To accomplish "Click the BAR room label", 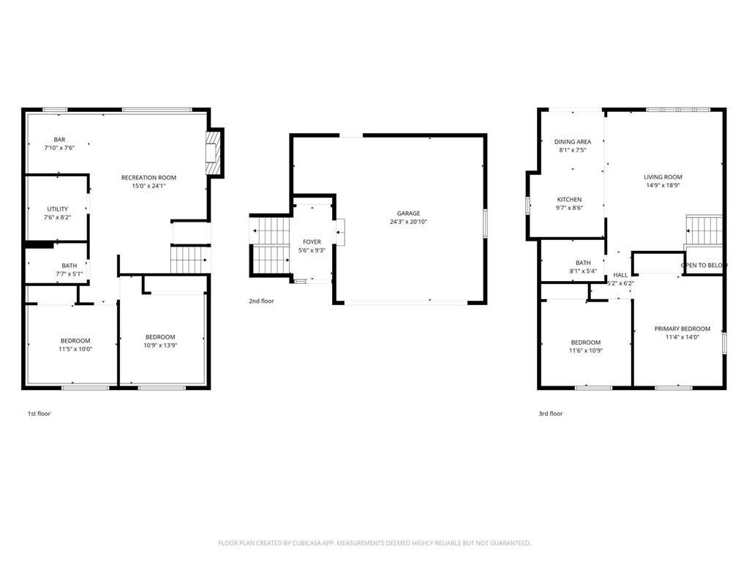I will click(60, 140).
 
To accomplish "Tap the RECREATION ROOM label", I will click(148, 178).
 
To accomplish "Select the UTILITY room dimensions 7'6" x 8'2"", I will click(58, 217).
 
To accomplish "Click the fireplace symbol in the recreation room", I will click(212, 153).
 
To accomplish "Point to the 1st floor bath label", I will click(69, 266).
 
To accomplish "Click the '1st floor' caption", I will click(39, 413).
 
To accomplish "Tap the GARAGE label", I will click(409, 213).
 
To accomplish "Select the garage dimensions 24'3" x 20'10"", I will click(409, 222).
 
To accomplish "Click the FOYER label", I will click(312, 241).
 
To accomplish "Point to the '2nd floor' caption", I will click(261, 301).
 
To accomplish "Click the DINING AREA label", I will click(572, 142).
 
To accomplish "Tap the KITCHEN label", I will click(569, 200).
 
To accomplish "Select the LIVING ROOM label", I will click(663, 177).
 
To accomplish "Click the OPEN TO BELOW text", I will click(704, 265).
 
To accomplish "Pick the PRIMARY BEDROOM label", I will click(682, 329).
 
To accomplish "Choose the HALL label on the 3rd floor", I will click(620, 275).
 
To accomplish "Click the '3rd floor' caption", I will click(551, 413).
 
